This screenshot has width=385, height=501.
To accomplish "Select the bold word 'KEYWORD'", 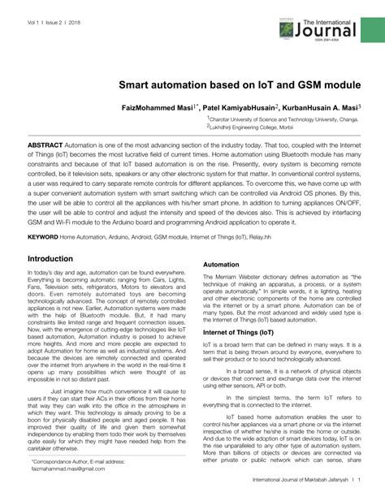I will tap(43, 237).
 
